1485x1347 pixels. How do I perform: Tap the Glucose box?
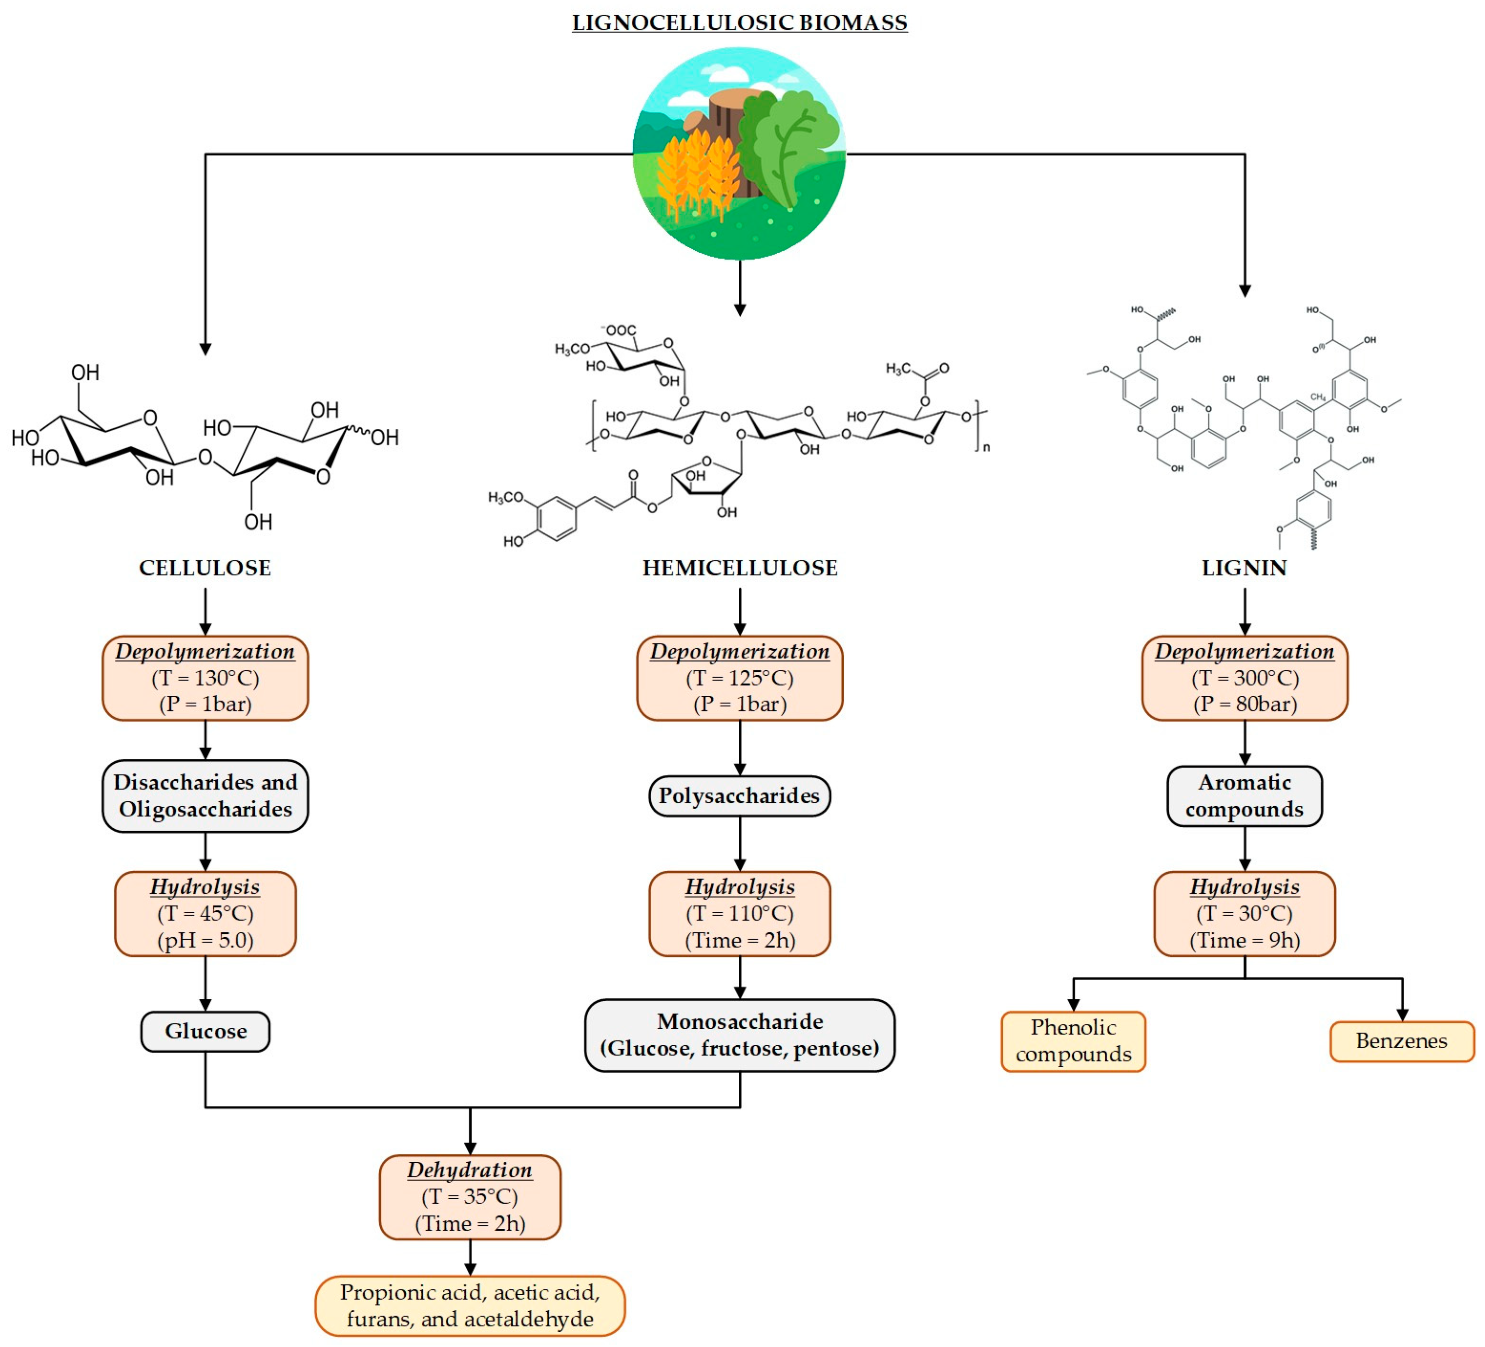(x=205, y=1031)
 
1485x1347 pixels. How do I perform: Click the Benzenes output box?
(x=1401, y=1041)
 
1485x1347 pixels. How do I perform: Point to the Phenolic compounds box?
(x=1073, y=1041)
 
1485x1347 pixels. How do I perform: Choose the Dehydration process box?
(x=470, y=1197)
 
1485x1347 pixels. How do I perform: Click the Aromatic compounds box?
(x=1244, y=795)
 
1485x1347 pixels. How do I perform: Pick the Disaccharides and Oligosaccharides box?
(x=205, y=795)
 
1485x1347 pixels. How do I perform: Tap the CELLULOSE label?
(x=205, y=568)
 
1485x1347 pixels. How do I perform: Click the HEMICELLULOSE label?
(x=740, y=568)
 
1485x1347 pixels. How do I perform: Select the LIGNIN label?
(x=1244, y=568)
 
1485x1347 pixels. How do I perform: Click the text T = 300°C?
(x=1245, y=678)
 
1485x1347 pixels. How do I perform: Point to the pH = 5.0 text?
(x=205, y=941)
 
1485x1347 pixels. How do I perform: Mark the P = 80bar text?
(x=1245, y=704)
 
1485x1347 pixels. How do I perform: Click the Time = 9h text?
(x=1245, y=941)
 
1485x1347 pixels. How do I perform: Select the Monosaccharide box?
(x=740, y=1035)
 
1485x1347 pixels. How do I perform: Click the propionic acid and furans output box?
(x=470, y=1306)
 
